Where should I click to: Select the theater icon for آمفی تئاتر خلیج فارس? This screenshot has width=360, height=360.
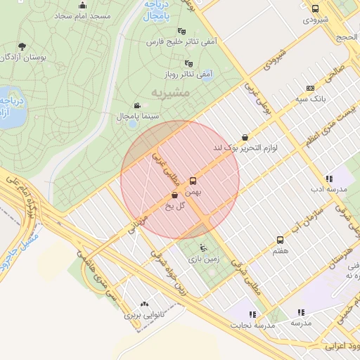tap(183, 31)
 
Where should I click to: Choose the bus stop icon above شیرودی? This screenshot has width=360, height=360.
tap(314, 9)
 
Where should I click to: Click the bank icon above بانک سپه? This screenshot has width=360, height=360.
tap(310, 89)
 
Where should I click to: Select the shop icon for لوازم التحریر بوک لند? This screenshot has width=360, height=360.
tap(244, 137)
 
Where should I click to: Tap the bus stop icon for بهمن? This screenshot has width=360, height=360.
tap(193, 180)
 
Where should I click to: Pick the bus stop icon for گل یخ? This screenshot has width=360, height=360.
tap(175, 195)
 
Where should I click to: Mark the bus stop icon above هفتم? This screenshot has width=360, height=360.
tap(280, 239)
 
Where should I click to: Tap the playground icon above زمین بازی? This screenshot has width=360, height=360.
tap(204, 247)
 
